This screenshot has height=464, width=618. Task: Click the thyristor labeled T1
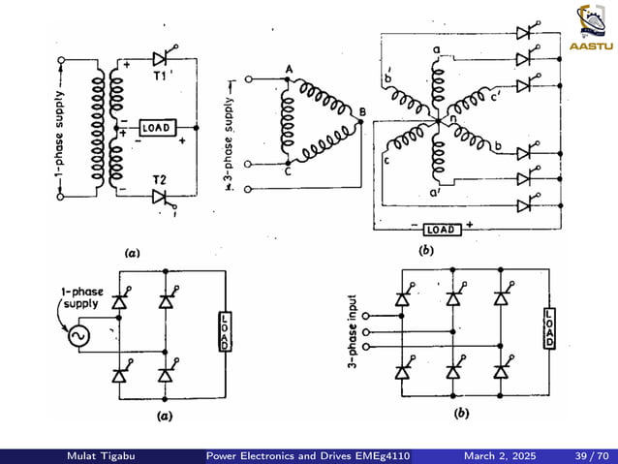162,58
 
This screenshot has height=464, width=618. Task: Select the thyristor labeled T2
162,197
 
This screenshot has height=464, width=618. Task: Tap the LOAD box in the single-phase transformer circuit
157,128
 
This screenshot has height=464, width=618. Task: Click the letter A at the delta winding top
289,69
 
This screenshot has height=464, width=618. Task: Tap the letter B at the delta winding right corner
362,112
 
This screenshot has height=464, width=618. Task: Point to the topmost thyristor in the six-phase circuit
525,32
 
